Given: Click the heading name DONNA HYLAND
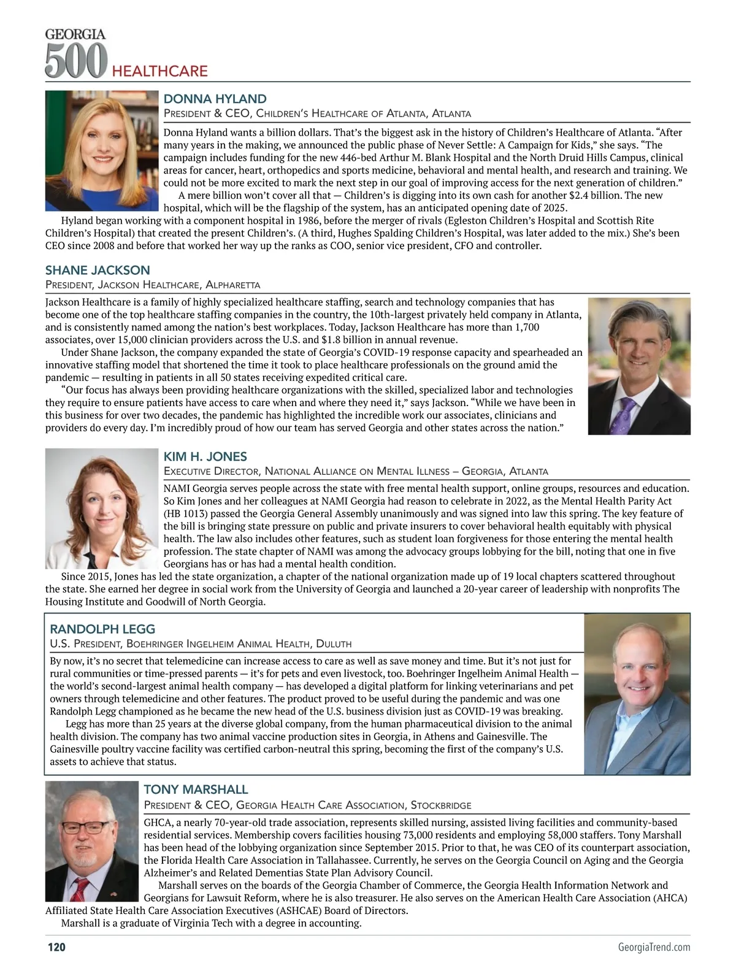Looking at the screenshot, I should coord(215,99).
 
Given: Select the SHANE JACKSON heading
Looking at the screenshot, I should coord(98,270).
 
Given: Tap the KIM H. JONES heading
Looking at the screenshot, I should coord(205,456).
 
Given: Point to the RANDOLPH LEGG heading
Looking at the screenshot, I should coord(102,629).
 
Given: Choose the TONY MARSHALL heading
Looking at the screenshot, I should coord(196,789).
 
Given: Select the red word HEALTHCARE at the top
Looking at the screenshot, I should coord(159,71).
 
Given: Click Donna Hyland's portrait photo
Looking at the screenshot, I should coord(102,150).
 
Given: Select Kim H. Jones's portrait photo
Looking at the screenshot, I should coord(102,509).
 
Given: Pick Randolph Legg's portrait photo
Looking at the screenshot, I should coord(637,694).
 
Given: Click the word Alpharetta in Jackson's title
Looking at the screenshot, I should coord(233,285).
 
